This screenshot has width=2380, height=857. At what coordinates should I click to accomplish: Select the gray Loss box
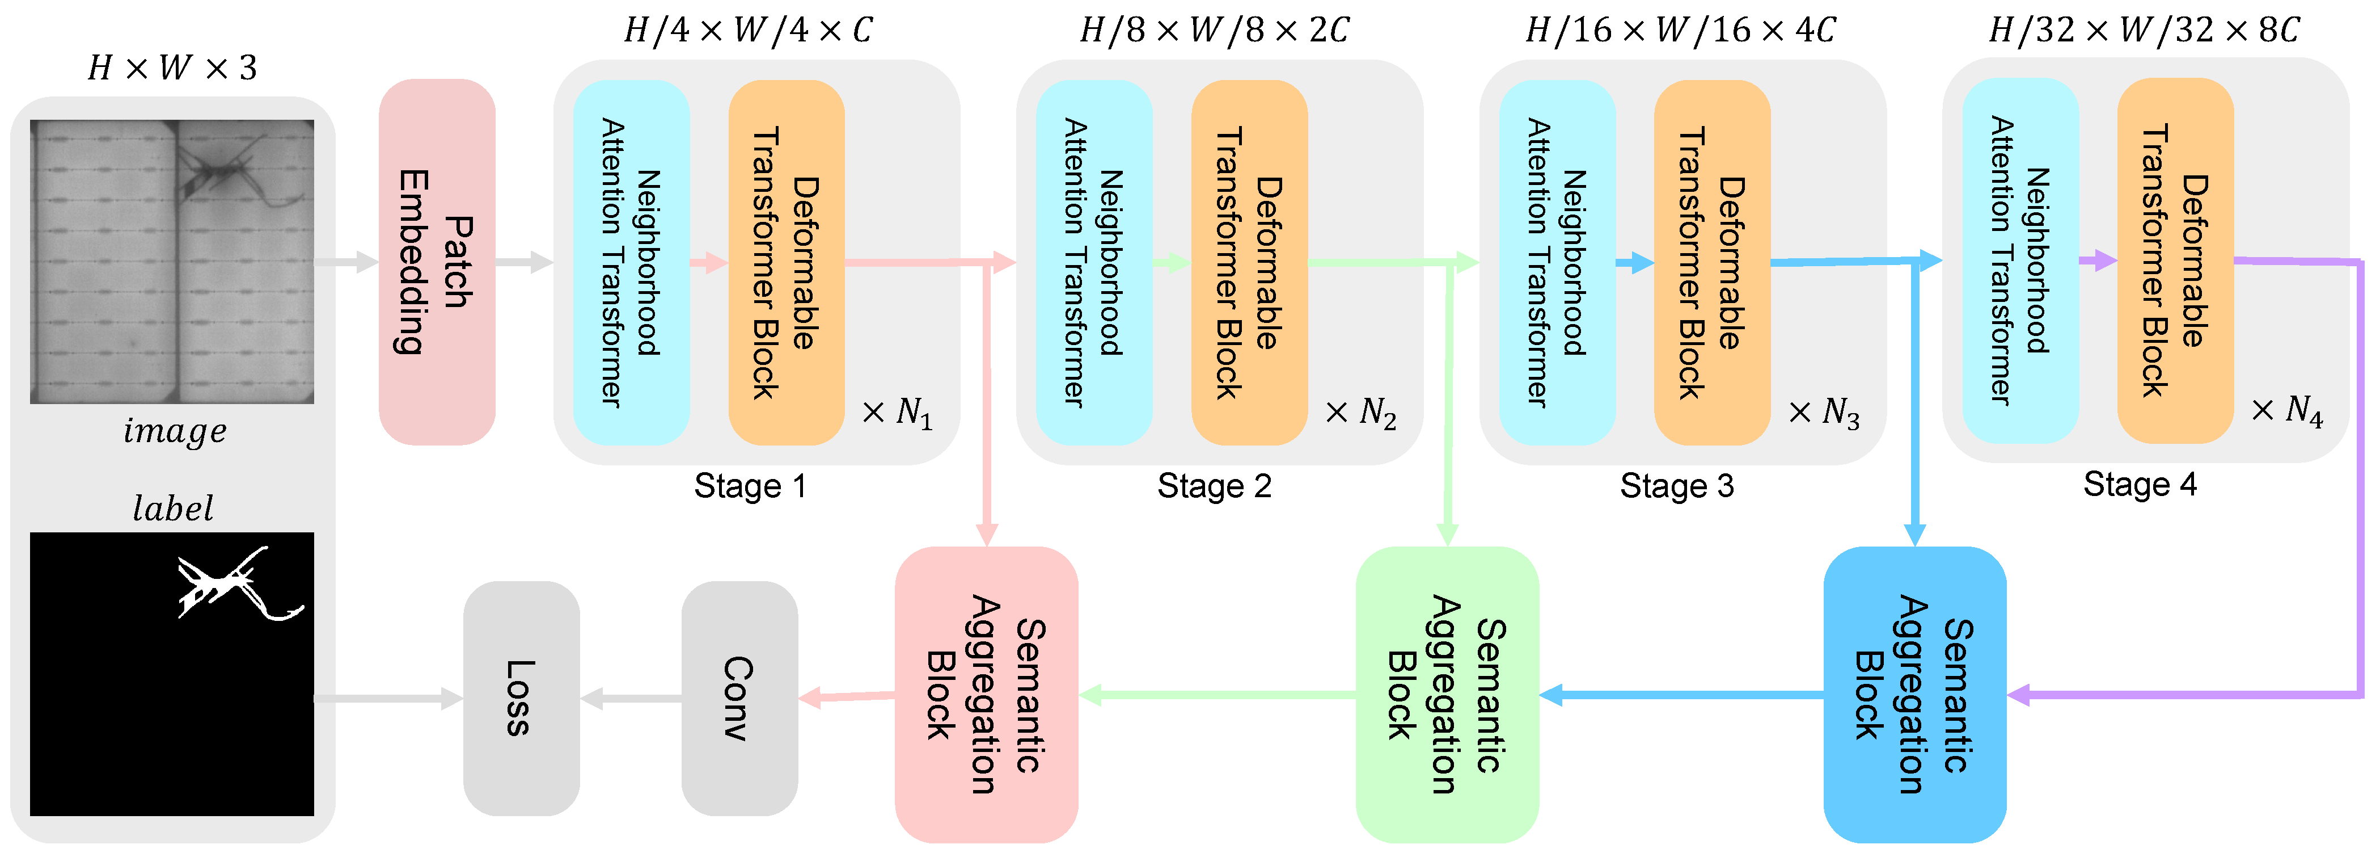click(x=521, y=698)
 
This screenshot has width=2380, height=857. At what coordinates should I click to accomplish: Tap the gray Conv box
click(x=739, y=698)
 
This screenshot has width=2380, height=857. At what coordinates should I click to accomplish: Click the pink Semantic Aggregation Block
click(x=986, y=694)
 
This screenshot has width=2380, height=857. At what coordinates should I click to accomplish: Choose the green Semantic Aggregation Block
click(x=1447, y=694)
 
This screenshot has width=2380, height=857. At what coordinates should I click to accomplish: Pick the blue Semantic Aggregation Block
click(x=1914, y=694)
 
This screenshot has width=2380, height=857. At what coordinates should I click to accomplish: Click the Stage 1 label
click(x=750, y=485)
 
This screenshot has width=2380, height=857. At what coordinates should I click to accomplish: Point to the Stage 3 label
click(x=1677, y=485)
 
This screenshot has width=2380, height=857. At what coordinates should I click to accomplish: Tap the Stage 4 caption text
click(x=2140, y=484)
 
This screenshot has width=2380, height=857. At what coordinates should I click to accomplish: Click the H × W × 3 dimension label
click(x=173, y=68)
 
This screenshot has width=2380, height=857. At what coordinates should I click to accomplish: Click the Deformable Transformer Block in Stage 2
click(x=1249, y=262)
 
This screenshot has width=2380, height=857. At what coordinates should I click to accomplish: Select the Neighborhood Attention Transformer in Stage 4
click(x=2020, y=260)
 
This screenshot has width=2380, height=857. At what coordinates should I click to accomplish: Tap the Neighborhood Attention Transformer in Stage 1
click(x=631, y=262)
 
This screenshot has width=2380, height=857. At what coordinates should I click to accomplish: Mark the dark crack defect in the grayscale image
click(x=222, y=171)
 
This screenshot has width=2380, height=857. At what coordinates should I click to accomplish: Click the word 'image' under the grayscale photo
click(x=175, y=431)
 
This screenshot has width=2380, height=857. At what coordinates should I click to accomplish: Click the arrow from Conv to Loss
click(x=631, y=698)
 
